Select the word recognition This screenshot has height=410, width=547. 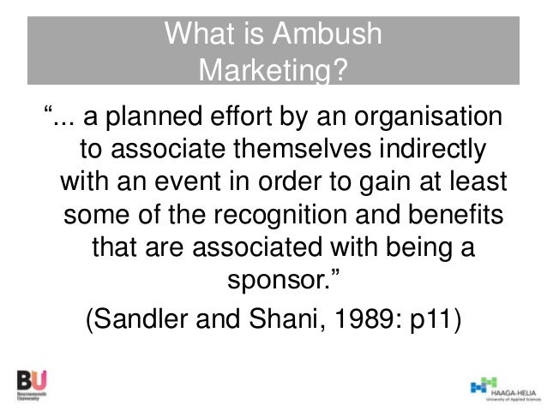pos(314,215)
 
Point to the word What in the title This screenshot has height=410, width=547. pos(195,35)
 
